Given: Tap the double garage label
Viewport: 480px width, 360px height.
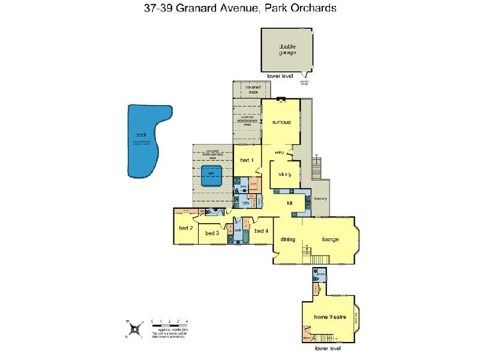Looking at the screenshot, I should click(287, 50).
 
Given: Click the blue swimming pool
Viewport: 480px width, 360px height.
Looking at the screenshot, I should click(143, 142).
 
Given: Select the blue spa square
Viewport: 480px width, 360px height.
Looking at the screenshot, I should click(211, 176).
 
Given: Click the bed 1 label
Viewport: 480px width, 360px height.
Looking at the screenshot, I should click(247, 160).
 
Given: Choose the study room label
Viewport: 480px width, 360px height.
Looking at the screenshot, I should click(285, 175).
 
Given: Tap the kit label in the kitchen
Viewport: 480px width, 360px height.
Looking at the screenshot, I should click(289, 203).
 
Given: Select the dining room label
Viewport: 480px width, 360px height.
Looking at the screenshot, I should click(288, 239).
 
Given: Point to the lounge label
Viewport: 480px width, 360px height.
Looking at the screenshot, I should click(330, 239).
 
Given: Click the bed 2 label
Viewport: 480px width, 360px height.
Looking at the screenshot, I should click(185, 228).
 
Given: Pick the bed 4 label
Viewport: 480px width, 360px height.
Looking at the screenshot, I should click(261, 231).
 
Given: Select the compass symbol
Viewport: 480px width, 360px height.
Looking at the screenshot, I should click(137, 328).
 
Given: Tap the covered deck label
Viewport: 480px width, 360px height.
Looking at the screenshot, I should click(252, 90).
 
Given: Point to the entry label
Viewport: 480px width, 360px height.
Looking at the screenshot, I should click(279, 153).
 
